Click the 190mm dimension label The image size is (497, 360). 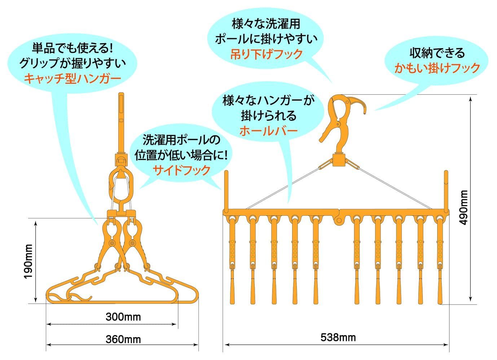(x=28, y=261)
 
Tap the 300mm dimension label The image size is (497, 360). (x=123, y=317)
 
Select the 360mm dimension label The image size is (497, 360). (x=123, y=339)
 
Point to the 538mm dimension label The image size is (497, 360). (x=338, y=337)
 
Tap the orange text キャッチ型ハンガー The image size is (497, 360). (x=72, y=78)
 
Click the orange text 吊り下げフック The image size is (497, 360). (x=267, y=54)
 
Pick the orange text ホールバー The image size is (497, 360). (x=268, y=130)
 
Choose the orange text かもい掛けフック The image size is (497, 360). (x=437, y=68)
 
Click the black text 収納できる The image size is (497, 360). (x=437, y=53)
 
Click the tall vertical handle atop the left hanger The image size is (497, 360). (x=121, y=123)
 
